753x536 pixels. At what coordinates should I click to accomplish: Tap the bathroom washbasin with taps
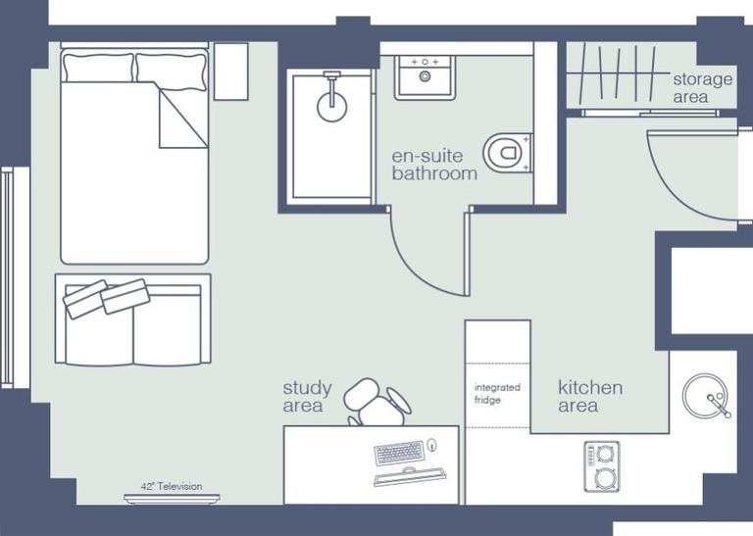point(425,77)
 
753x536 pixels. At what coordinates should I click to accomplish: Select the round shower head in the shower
point(332,106)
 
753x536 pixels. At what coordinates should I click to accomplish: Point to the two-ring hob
point(601,466)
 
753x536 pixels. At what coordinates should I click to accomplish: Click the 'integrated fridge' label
point(497,394)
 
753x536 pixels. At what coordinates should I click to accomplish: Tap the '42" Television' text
point(172,487)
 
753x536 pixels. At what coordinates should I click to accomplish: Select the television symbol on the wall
point(172,499)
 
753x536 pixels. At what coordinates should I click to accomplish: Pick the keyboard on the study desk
point(399,453)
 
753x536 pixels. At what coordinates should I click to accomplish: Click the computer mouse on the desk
point(432,447)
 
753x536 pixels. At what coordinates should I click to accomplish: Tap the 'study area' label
point(307,397)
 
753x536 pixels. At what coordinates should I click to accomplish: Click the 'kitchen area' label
point(589,396)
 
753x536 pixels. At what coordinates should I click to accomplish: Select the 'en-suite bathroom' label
point(434,165)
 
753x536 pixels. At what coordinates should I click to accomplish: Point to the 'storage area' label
point(701,87)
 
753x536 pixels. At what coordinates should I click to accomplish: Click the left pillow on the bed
point(98,68)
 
